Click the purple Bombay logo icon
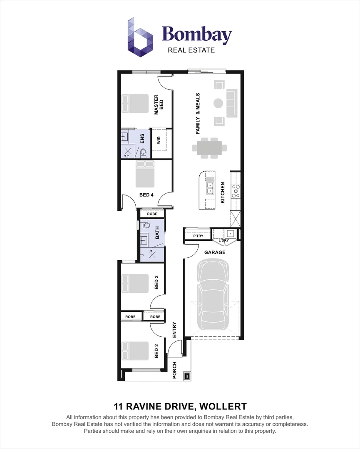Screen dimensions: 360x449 (140, 37)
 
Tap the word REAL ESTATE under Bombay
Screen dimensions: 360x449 (191, 50)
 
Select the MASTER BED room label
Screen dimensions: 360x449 (159, 104)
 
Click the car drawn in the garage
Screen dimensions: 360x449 (213, 294)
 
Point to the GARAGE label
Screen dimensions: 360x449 (215, 252)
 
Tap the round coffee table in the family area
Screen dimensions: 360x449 (218, 103)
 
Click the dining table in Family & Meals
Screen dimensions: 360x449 (209, 148)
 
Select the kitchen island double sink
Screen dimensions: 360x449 (210, 188)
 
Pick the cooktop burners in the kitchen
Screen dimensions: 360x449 (236, 191)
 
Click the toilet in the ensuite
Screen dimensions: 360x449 (143, 153)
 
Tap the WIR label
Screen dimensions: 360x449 (159, 140)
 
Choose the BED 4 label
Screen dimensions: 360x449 (146, 195)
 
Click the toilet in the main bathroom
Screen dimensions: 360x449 (145, 225)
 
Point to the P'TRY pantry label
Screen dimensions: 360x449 (198, 236)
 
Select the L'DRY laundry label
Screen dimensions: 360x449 (224, 240)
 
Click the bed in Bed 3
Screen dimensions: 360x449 (135, 283)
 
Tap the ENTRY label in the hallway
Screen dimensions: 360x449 (174, 330)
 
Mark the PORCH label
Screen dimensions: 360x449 (174, 370)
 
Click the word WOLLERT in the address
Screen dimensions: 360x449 (223, 406)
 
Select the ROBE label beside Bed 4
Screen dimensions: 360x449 (152, 214)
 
